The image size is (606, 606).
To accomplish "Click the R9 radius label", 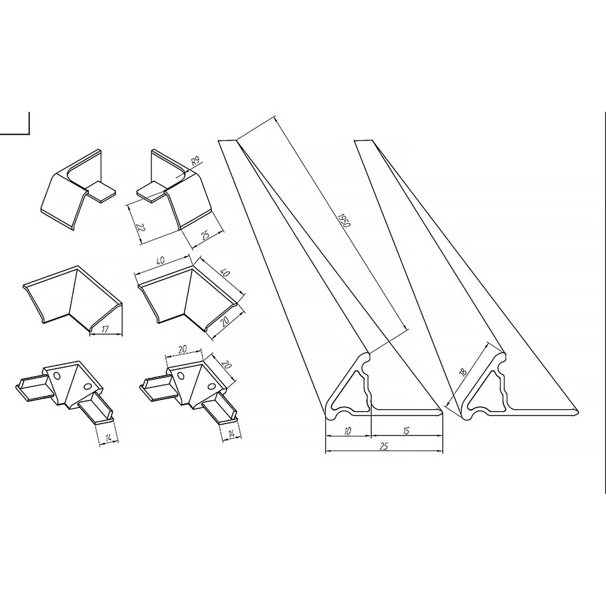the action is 195,162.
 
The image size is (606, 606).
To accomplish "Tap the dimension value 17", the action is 105,330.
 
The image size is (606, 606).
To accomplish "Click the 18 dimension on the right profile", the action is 463,372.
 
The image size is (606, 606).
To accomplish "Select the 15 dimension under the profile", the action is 406,431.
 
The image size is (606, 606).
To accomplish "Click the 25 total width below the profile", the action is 384,446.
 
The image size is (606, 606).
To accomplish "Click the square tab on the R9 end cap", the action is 151,192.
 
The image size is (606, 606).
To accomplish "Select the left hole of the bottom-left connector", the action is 57,375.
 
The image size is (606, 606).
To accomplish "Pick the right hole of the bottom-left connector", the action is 88,386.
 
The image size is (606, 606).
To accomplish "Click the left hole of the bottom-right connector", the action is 181,375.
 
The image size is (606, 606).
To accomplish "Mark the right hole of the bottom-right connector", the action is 212,386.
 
